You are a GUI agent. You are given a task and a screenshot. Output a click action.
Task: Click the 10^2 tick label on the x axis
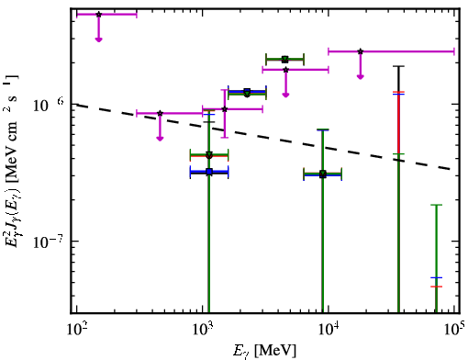(76, 330)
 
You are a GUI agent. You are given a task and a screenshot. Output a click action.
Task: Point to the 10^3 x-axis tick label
(202, 330)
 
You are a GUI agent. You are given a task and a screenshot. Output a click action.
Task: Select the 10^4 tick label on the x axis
(329, 330)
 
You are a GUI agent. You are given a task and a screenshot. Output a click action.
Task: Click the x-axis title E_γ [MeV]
(264, 351)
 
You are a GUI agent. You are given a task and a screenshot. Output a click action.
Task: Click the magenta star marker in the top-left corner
(98, 15)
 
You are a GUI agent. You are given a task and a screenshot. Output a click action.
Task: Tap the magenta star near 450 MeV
(160, 113)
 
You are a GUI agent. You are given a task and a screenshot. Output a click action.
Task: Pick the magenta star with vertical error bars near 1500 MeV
(225, 109)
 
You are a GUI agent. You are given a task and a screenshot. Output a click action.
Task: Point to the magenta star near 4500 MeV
(285, 70)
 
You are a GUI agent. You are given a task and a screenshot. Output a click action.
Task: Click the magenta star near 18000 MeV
(361, 51)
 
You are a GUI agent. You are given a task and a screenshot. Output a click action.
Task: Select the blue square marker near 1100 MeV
(209, 172)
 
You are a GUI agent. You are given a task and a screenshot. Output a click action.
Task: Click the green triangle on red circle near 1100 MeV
(209, 155)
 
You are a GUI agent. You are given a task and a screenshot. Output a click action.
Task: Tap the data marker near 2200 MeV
(247, 93)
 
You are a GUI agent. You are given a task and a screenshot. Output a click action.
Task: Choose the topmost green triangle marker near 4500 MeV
(285, 60)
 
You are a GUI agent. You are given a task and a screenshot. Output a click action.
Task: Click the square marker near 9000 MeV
(323, 174)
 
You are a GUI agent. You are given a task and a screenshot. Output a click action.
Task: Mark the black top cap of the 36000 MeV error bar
(398, 66)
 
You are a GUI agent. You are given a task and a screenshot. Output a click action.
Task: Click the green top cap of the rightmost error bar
(436, 205)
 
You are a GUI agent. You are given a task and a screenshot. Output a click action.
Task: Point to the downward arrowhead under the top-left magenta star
(98, 39)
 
